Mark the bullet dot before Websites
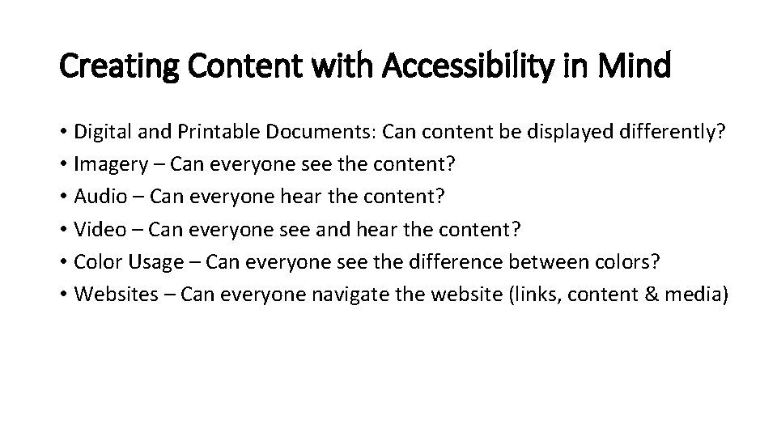pyautogui.click(x=63, y=294)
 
